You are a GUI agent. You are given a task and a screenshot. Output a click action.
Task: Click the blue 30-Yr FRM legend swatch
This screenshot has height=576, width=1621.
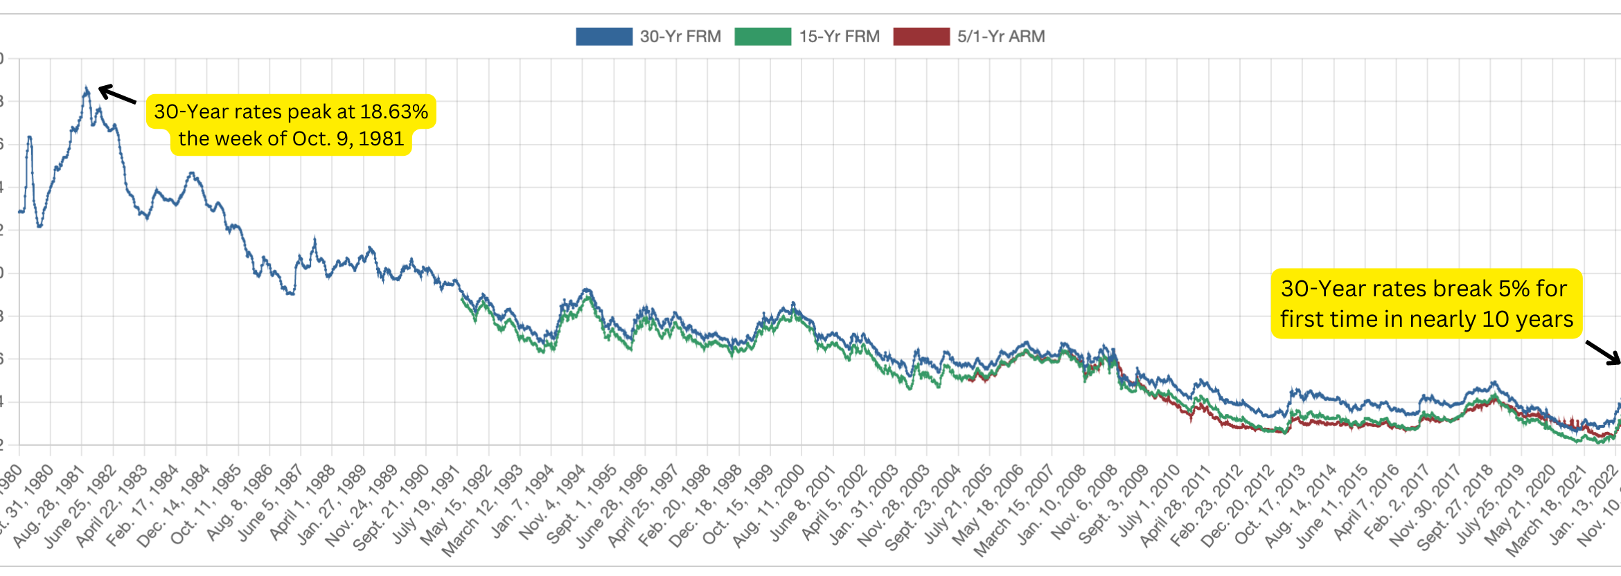point(603,37)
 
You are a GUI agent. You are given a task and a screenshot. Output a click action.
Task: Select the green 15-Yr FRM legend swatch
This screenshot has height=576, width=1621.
point(762,37)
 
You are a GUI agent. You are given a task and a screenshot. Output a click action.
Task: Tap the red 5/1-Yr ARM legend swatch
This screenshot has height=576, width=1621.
point(921,37)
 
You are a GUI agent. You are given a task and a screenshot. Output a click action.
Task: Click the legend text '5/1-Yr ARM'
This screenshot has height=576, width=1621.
point(1000,37)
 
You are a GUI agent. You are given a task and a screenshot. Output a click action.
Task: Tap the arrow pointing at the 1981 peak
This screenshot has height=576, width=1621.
point(116,94)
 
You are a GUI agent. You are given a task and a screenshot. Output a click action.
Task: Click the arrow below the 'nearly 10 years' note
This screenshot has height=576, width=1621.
point(1602,352)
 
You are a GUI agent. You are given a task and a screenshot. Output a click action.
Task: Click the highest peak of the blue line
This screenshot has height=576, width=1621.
point(86,89)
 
